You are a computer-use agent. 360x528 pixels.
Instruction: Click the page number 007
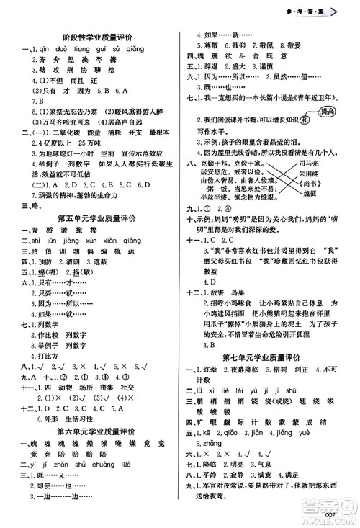(332, 513)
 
